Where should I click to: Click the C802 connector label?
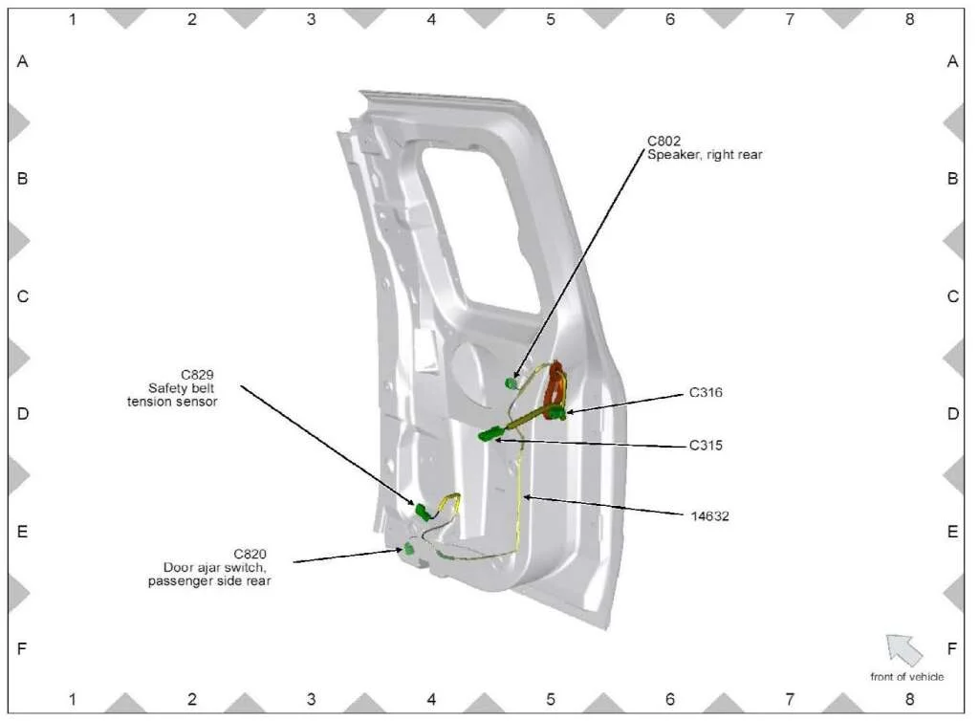point(664,142)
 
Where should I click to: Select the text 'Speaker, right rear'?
point(705,155)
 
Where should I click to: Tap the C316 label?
point(706,392)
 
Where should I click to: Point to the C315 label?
point(706,445)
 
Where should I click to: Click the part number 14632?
point(710,515)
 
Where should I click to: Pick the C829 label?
point(197,374)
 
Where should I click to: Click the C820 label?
point(250,553)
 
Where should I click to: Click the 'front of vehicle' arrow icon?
point(903,649)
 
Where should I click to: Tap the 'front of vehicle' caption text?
point(906,677)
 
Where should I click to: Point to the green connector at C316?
point(557,413)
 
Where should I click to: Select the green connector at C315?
point(490,436)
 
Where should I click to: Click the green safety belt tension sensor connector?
point(421,510)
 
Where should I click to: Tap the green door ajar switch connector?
point(409,549)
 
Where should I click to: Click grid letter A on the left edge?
point(23,61)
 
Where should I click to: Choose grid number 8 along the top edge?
point(909,18)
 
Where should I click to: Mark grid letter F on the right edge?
point(952,649)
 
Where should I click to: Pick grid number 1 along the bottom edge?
point(72,701)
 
